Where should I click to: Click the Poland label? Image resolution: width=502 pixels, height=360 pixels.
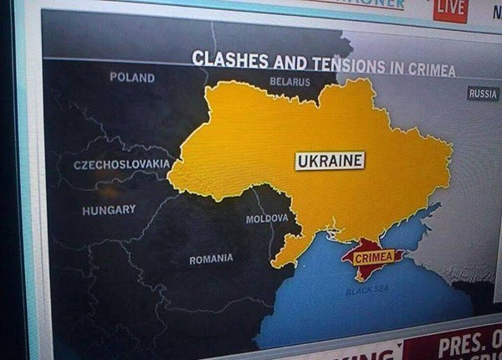pyautogui.click(x=132, y=77)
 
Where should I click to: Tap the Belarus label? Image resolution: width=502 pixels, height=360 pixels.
pyautogui.click(x=289, y=82)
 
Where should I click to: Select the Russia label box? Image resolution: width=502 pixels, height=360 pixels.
pyautogui.click(x=483, y=94)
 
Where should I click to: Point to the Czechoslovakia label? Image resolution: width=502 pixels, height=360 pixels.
pyautogui.click(x=121, y=164)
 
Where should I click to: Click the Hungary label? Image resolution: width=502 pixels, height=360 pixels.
pyautogui.click(x=109, y=210)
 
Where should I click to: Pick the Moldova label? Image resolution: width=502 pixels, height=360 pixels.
pyautogui.click(x=267, y=219)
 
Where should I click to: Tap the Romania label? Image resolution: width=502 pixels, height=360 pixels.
pyautogui.click(x=211, y=260)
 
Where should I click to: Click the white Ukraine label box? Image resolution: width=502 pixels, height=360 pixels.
pyautogui.click(x=330, y=161)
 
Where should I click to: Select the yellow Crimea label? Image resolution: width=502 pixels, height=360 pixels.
pyautogui.click(x=374, y=258)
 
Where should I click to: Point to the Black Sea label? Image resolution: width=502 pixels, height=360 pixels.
pyautogui.click(x=367, y=291)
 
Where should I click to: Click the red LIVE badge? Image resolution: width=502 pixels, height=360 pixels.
pyautogui.click(x=450, y=8)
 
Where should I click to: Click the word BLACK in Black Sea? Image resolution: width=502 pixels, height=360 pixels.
pyautogui.click(x=358, y=291)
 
